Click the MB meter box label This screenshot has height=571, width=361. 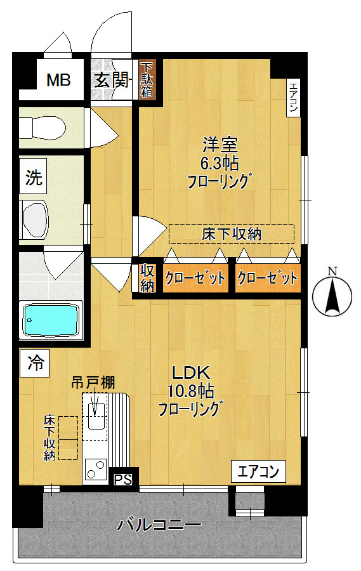(x=59, y=81)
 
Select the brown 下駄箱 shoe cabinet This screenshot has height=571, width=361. (x=147, y=78)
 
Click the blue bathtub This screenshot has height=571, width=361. (x=51, y=320)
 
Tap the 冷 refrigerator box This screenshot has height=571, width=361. (x=36, y=364)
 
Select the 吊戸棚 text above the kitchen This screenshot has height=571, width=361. (x=92, y=383)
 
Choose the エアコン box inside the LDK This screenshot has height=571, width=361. (x=258, y=471)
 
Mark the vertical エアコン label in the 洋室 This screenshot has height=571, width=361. (x=293, y=98)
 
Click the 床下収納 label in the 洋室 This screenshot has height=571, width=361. (x=232, y=234)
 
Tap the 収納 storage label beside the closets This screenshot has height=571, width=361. (x=147, y=278)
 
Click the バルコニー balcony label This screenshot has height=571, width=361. (x=160, y=525)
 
